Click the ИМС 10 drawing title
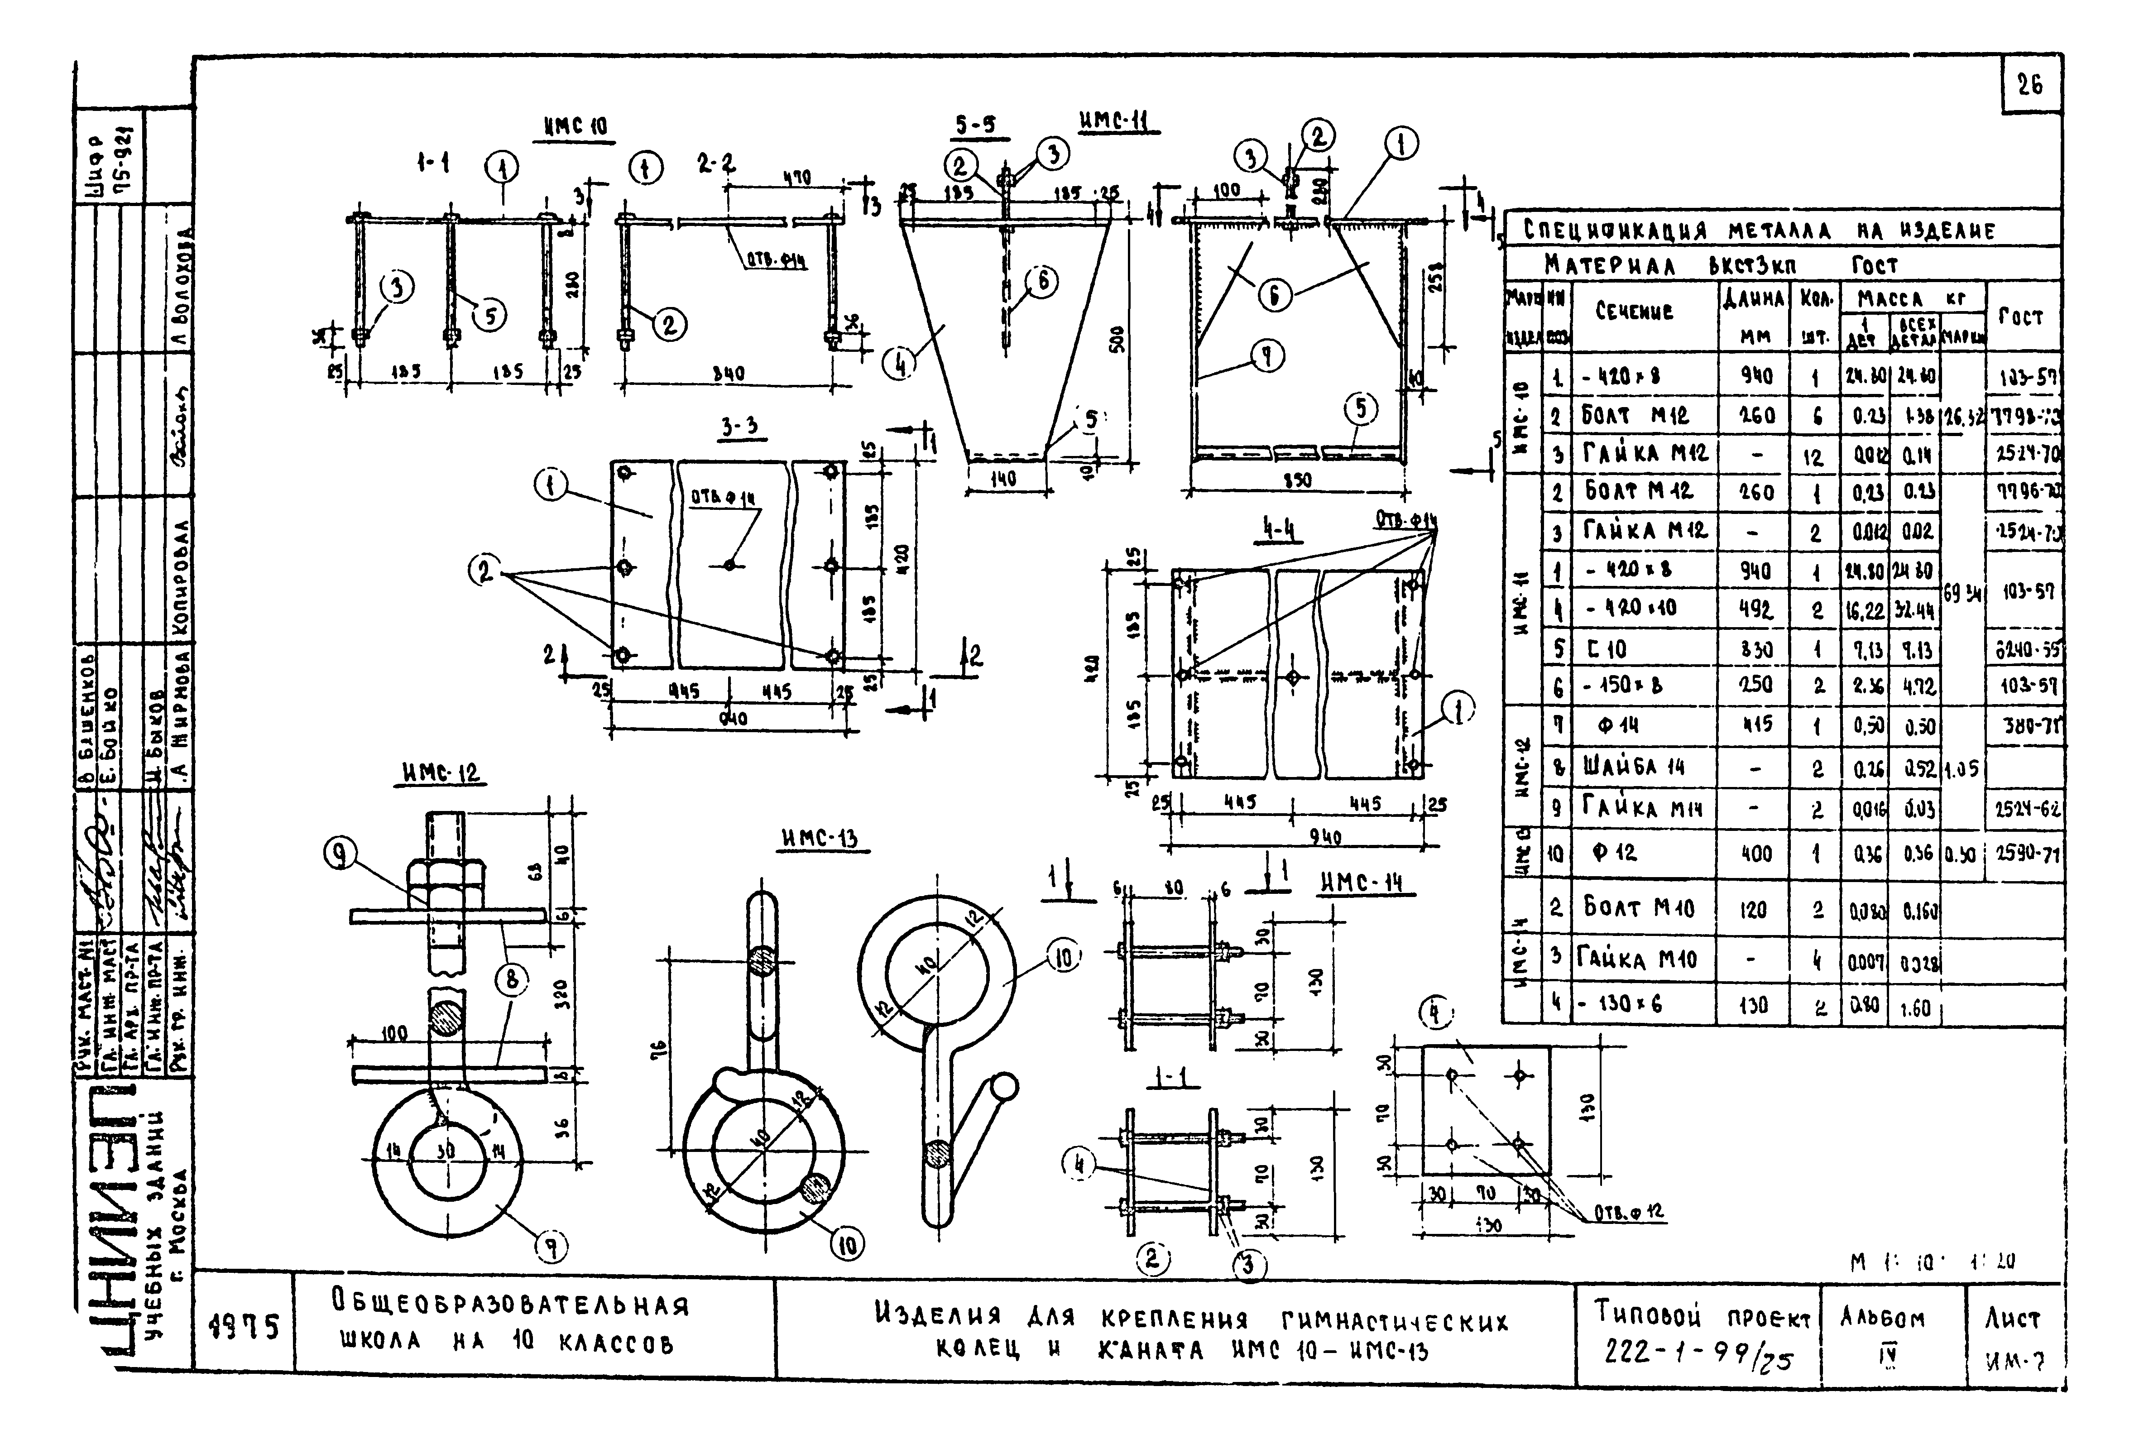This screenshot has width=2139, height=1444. pos(576,127)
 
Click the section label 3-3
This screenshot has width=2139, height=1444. pos(743,428)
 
